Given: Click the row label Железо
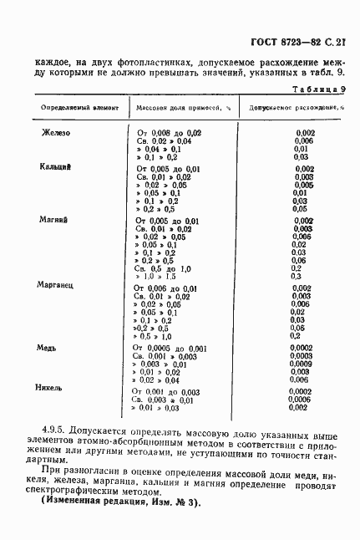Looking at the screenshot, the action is (56, 132).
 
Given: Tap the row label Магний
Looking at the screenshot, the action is (54, 219).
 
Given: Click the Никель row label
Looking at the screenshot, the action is (51, 389).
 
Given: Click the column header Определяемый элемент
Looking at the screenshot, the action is (68, 109).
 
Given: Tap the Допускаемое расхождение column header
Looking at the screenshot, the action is (297, 109).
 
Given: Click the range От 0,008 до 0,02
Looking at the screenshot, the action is (169, 133).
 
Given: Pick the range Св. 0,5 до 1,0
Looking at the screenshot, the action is (164, 268).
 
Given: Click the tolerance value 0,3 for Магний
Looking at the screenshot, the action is (297, 277).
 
